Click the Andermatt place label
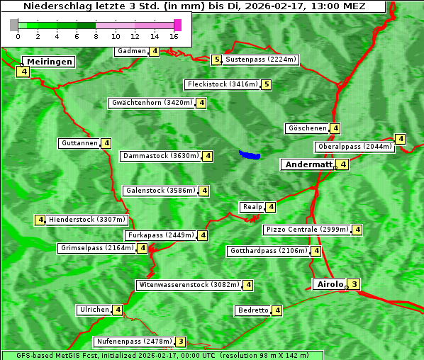(308, 164)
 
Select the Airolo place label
(330, 284)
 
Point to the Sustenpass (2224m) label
(261, 60)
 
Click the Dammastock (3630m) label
(160, 156)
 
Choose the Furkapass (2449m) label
(160, 235)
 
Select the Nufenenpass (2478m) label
(133, 342)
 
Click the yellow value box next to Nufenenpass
(181, 342)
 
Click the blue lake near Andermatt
(250, 154)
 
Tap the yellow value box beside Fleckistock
(266, 85)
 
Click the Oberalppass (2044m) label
(355, 147)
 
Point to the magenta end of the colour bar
(177, 25)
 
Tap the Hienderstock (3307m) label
(87, 220)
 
